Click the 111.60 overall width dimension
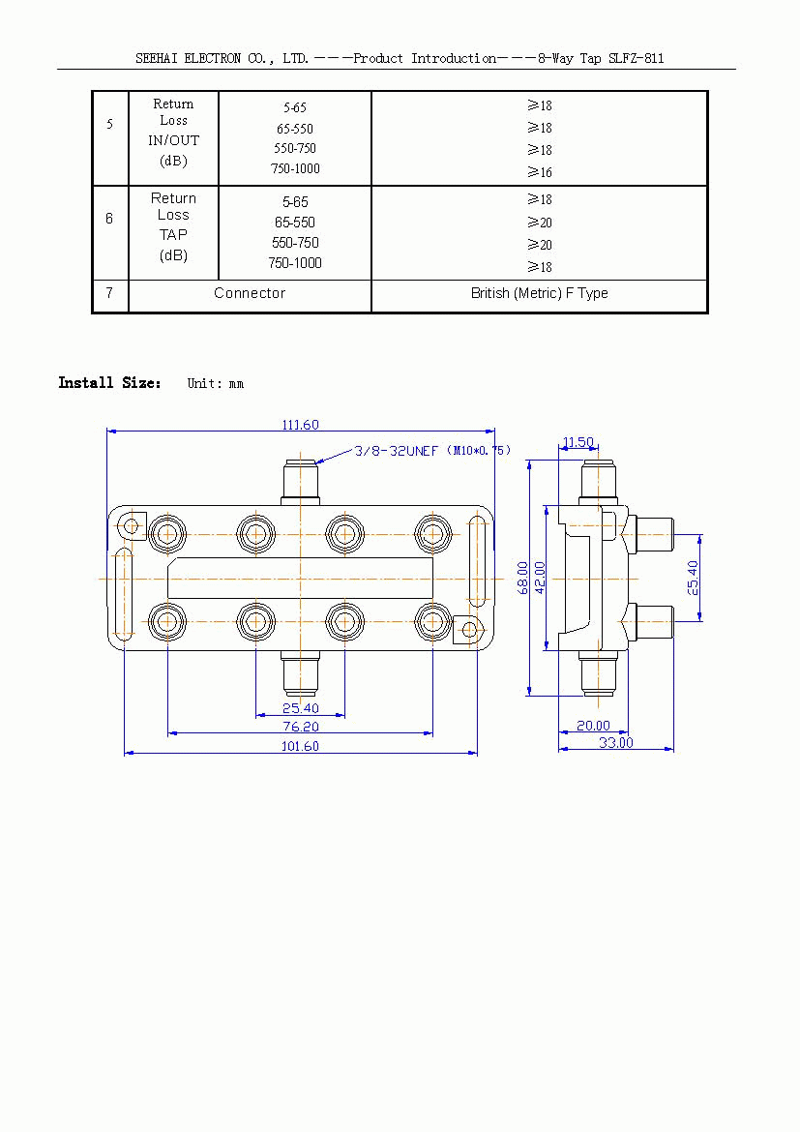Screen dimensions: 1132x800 [x=300, y=425]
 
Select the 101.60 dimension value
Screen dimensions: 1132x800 [x=300, y=746]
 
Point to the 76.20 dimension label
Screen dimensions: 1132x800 [x=300, y=727]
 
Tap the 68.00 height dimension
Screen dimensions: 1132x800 [x=523, y=578]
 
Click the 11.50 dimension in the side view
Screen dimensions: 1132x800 [x=578, y=442]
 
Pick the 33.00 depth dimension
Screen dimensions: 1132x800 [x=615, y=742]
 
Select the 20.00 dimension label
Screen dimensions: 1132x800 [x=593, y=726]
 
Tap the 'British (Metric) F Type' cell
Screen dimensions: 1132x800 [x=539, y=293]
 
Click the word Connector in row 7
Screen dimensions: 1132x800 [x=250, y=293]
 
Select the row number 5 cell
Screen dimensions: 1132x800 [x=109, y=125]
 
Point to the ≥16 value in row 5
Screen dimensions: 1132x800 [x=540, y=172]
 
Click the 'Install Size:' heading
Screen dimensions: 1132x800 [x=110, y=383]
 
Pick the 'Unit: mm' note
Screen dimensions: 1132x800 [x=215, y=384]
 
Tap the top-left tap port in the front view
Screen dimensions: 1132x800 [x=167, y=531]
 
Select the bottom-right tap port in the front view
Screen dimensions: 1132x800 [x=432, y=621]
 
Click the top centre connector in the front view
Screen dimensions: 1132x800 [x=300, y=481]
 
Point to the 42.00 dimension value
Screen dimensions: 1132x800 [x=541, y=576]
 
